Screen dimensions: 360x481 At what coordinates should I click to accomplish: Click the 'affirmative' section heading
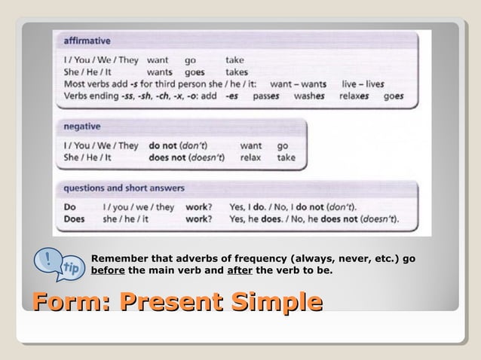tap(87, 40)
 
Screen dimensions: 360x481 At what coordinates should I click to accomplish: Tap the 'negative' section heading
tap(83, 127)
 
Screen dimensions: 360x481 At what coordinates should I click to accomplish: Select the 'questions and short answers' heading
tap(124, 188)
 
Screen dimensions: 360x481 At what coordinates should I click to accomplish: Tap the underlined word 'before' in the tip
tap(108, 270)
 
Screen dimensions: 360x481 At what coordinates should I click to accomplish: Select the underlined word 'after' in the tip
tap(240, 270)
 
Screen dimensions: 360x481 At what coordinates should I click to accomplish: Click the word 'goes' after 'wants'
tap(195, 72)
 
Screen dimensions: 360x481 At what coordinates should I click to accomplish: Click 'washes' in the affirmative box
tap(310, 96)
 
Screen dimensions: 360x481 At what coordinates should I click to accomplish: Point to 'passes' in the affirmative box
tap(266, 96)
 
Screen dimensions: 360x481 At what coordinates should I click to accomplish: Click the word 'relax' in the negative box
tap(250, 158)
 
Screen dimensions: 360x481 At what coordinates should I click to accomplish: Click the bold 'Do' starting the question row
tap(70, 206)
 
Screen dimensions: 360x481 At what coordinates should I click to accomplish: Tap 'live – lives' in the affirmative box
tap(363, 84)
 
